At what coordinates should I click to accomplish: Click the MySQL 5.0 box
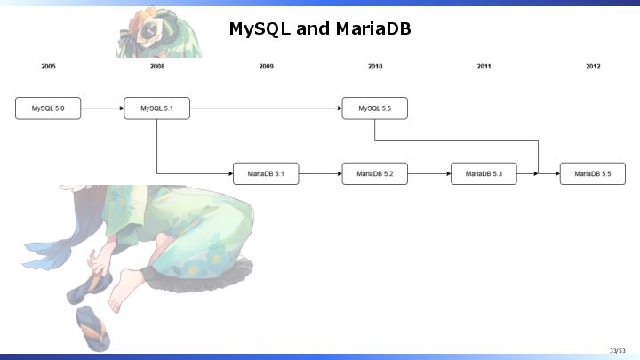coord(48,108)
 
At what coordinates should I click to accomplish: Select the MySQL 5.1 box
coord(157,108)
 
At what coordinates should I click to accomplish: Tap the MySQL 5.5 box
coord(375,108)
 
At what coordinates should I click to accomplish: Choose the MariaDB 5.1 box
coord(266,174)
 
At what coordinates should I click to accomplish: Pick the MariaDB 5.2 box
coord(375,174)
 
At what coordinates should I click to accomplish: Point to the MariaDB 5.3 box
coord(484,174)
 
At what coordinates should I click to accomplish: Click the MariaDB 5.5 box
coord(593,174)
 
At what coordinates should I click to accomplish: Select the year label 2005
coord(48,66)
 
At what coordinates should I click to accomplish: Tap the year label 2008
coord(157,66)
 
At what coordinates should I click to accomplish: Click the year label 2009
coord(266,66)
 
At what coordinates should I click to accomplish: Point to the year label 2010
coord(375,66)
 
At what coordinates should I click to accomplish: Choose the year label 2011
coord(484,66)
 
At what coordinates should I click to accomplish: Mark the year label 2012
coord(593,66)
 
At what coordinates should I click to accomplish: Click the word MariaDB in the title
coord(373,28)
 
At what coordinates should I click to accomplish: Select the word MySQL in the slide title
coord(260,29)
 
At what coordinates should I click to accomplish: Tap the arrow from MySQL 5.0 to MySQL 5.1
coord(102,108)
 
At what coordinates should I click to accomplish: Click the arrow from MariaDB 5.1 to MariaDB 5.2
coord(320,174)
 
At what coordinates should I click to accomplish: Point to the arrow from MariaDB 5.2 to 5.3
coord(429,174)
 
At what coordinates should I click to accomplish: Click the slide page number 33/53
coord(618,350)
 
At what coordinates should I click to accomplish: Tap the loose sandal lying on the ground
coord(92,329)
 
